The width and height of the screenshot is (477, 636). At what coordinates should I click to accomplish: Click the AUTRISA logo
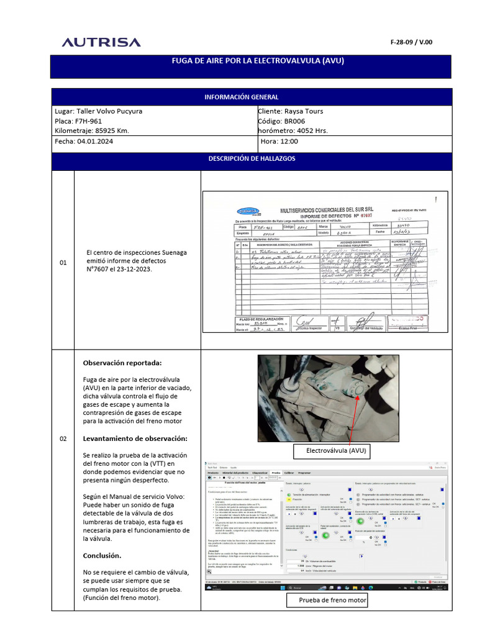[101, 42]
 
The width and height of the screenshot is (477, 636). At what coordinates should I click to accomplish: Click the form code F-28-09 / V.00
[411, 42]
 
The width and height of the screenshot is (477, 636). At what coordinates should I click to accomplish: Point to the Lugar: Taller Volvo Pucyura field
[99, 111]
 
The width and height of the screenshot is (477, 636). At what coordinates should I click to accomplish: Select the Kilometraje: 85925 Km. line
[92, 131]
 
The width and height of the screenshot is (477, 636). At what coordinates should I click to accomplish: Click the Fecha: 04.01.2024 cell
[84, 142]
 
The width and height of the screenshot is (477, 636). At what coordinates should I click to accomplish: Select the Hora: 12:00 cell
[279, 142]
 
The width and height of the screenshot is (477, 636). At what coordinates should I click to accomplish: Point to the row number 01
[63, 263]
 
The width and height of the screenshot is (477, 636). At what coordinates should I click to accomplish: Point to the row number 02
[63, 439]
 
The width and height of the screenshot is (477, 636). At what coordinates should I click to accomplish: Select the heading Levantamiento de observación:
[135, 438]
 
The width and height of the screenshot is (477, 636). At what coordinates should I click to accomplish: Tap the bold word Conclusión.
[102, 555]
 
